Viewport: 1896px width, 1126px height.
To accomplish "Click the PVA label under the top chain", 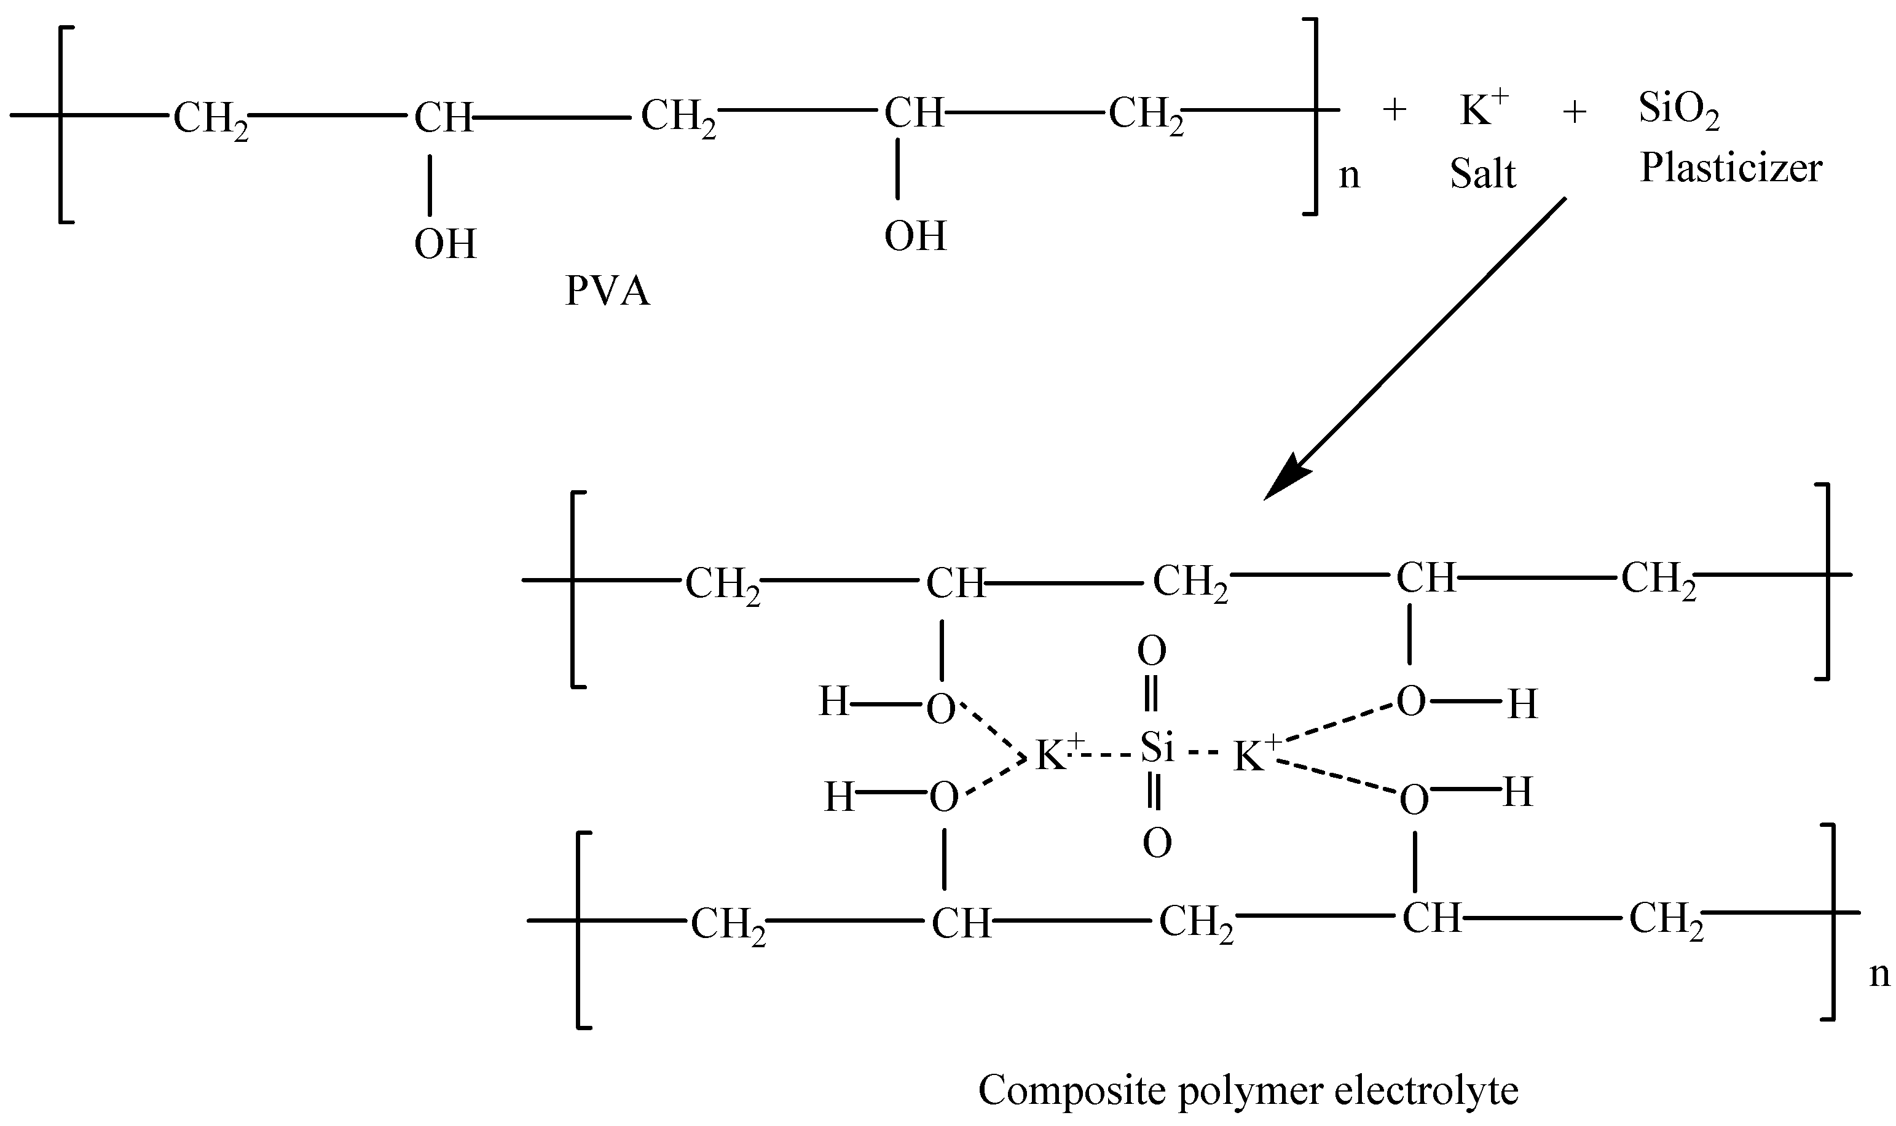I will point(607,291).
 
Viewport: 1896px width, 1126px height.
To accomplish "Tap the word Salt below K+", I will point(1482,174).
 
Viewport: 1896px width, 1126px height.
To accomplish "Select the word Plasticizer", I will point(1731,168).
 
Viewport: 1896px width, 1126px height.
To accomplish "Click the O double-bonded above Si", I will point(1151,651).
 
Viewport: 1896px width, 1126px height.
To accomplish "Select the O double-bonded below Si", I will point(1157,843).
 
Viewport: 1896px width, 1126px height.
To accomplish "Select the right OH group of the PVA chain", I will point(915,236).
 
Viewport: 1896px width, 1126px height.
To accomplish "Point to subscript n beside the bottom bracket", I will point(1879,974).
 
